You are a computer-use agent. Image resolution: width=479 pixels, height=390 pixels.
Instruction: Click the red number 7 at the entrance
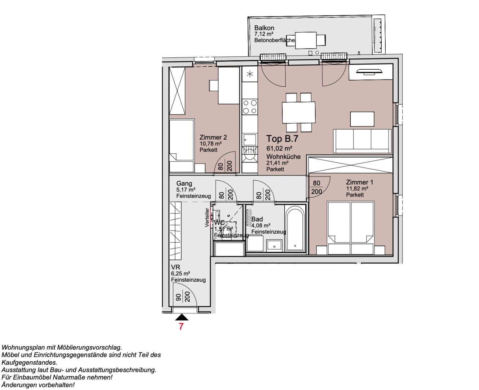pos(181,326)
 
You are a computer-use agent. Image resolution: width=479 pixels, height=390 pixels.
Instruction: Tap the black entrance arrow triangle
pos(182,317)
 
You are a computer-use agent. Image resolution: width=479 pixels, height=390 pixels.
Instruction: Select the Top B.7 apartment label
pos(282,139)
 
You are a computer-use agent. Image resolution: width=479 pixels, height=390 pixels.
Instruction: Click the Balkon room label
pos(264,28)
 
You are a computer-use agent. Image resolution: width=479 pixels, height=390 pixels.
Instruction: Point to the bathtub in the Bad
pos(295,228)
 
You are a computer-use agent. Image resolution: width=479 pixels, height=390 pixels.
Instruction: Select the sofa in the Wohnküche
pos(362,141)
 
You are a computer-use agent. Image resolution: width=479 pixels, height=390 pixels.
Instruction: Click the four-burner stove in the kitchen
pos(249,107)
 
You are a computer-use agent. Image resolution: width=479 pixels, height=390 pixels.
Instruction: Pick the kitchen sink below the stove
pos(249,139)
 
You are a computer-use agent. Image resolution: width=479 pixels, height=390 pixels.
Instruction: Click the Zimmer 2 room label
pos(213,138)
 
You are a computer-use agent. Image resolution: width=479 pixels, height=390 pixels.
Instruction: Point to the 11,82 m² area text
pos(357,188)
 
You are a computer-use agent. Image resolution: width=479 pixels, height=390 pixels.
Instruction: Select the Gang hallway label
pos(184,183)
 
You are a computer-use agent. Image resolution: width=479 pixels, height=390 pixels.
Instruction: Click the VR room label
pos(176,267)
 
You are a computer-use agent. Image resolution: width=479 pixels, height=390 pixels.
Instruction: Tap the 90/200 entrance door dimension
pos(182,297)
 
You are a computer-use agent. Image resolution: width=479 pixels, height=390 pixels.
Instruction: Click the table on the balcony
pos(306,40)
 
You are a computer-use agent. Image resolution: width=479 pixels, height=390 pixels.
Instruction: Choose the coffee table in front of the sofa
pos(362,119)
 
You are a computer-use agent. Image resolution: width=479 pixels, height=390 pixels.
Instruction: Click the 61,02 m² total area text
pos(279,148)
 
